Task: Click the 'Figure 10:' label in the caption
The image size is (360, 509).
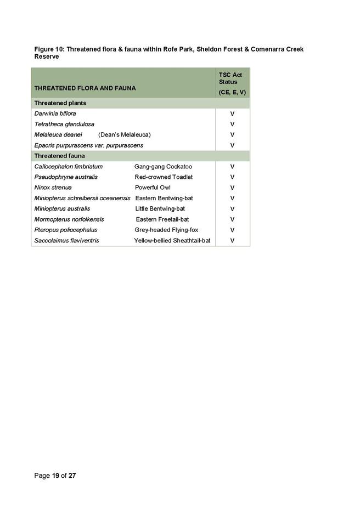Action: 49,49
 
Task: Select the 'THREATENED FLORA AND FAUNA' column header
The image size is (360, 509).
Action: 85,88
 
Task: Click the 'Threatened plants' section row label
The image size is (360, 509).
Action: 60,103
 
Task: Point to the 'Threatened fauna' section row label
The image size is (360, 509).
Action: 59,156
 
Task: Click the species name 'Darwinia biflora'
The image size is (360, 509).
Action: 55,114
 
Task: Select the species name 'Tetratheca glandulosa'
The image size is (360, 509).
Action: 64,124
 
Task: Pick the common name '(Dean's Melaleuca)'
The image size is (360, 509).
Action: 124,134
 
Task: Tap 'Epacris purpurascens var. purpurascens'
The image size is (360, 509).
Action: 88,145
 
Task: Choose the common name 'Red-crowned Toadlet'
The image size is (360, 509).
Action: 164,177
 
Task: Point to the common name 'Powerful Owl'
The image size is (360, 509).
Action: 153,188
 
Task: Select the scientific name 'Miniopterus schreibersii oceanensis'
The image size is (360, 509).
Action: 82,198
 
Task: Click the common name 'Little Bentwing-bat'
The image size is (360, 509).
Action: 160,208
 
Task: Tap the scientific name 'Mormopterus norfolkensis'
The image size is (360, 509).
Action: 69,219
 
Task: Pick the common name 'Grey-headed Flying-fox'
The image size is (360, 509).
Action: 166,230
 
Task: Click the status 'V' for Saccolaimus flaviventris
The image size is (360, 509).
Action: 233,240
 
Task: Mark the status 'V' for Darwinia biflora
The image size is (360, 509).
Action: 233,114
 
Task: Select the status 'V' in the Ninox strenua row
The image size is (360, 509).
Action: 233,188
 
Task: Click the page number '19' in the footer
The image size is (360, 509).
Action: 56,476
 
